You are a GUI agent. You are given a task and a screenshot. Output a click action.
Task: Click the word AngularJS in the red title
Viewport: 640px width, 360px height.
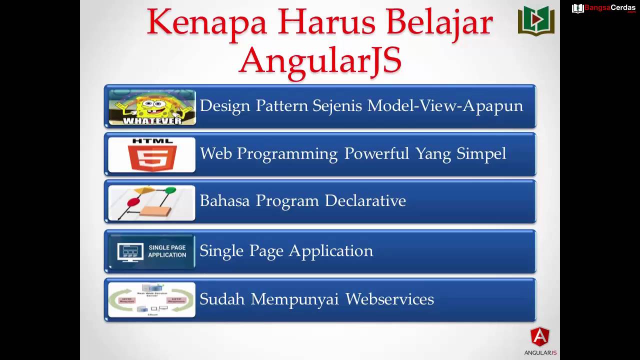point(320,60)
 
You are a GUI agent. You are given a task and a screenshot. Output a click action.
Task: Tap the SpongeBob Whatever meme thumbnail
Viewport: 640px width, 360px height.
point(152,107)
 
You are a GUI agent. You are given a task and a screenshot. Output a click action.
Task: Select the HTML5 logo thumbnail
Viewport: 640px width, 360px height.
point(152,154)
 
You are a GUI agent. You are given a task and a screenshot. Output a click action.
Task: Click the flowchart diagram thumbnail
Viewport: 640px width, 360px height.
point(152,202)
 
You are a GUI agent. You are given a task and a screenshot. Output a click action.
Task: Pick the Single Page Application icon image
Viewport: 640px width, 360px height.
point(152,251)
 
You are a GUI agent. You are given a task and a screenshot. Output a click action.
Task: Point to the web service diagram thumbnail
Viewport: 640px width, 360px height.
point(152,299)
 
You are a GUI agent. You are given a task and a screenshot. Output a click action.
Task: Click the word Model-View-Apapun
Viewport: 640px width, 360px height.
point(445,106)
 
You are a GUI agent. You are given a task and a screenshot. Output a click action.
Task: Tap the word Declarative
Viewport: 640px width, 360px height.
point(365,200)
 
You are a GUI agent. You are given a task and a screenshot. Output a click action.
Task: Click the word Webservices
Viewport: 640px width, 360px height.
point(389,299)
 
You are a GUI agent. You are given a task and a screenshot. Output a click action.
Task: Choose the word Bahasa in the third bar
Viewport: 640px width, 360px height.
point(225,200)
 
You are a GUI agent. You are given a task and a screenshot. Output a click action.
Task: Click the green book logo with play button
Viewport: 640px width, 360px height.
point(536,20)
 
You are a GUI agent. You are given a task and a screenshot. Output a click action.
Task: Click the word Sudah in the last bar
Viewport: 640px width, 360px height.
point(222,299)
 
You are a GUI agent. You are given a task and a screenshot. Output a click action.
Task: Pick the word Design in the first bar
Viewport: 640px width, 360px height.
point(225,106)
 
